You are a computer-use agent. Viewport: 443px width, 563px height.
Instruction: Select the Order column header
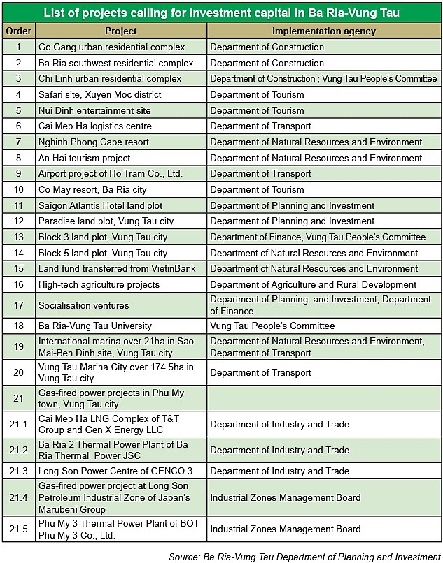18,31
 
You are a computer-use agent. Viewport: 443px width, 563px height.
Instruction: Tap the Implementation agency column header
323,31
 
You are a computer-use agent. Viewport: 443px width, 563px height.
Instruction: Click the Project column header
120,31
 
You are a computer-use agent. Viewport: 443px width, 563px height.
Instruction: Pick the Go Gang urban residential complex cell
112,47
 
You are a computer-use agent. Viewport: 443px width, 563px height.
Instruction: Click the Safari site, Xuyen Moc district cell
100,94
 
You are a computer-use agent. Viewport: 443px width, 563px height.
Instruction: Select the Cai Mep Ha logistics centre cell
95,126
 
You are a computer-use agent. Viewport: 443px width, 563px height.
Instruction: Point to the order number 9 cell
18,173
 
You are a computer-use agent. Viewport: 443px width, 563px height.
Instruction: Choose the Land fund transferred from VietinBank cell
117,268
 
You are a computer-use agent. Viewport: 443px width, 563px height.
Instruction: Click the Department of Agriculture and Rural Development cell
313,284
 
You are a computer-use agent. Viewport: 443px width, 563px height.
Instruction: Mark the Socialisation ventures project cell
84,305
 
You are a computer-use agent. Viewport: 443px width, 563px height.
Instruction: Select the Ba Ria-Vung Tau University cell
95,326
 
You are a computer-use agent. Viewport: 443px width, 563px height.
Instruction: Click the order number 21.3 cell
18,471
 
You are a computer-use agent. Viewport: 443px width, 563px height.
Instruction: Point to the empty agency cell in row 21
323,398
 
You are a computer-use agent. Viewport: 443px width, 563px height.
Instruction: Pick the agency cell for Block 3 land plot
318,237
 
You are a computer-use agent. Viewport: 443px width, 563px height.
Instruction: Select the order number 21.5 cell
18,529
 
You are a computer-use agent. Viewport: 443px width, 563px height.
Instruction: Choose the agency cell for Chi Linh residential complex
323,79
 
